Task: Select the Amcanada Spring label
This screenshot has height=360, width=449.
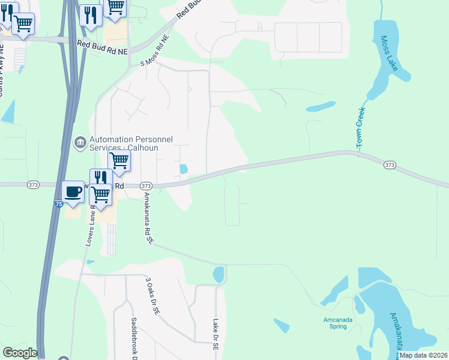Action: pos(336,323)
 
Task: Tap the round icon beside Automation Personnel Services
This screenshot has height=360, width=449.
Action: pos(79,143)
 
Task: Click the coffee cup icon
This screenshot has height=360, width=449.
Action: pos(73,192)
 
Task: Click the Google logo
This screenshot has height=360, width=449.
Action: pos(20,353)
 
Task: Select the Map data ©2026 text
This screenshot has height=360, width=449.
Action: pos(423,355)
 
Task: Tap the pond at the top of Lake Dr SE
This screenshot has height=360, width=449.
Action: pos(218,274)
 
